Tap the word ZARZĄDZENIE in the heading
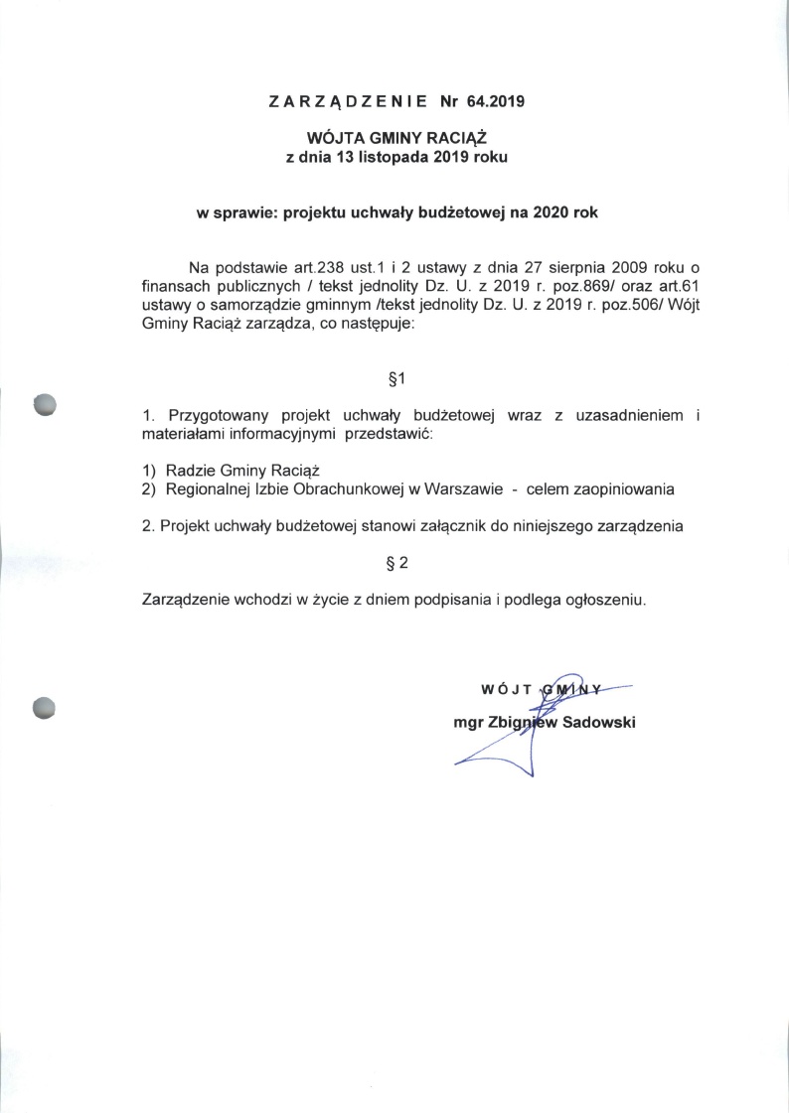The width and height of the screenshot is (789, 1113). pyautogui.click(x=348, y=101)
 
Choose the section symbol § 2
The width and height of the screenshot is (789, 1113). pyautogui.click(x=395, y=564)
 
